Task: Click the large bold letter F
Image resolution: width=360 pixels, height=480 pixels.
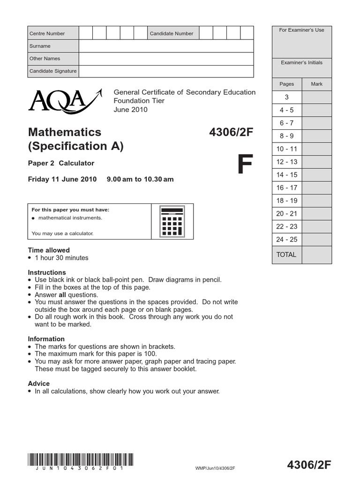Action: pyautogui.click(x=245, y=165)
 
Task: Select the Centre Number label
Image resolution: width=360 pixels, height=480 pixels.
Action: pyautogui.click(x=47, y=33)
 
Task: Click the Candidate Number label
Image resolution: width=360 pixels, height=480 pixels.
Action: pyautogui.click(x=171, y=33)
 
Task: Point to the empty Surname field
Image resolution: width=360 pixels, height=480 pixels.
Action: pyautogui.click(x=166, y=46)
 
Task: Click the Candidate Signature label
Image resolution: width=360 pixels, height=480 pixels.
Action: pyautogui.click(x=52, y=71)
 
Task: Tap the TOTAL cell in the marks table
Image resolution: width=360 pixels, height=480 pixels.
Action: pyautogui.click(x=286, y=255)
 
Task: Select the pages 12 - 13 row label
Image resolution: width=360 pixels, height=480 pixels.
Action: pyautogui.click(x=287, y=162)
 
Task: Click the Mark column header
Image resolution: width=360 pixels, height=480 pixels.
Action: pyautogui.click(x=316, y=84)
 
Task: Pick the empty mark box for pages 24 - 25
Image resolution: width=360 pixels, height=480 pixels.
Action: pyautogui.click(x=316, y=240)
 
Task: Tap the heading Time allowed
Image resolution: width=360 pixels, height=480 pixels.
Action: pyautogui.click(x=49, y=250)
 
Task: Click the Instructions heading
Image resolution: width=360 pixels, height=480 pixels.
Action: pyautogui.click(x=47, y=272)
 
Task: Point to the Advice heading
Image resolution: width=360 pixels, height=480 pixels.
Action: pyautogui.click(x=39, y=383)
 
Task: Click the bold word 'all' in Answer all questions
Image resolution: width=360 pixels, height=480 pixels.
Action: pyautogui.click(x=62, y=295)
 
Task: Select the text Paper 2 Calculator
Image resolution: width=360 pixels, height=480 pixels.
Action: pyautogui.click(x=61, y=163)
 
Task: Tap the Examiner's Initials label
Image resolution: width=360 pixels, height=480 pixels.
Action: pyautogui.click(x=301, y=62)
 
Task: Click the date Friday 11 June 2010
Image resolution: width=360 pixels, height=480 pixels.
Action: pyautogui.click(x=62, y=179)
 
